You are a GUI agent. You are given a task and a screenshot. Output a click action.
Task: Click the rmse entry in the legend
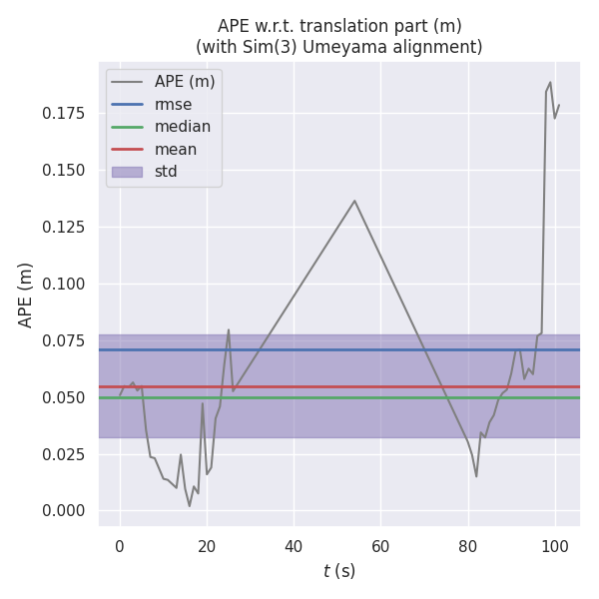[x=173, y=104]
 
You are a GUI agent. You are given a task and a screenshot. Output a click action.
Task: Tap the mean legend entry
[x=176, y=150]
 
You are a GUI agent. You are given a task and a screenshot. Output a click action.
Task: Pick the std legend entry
[x=166, y=172]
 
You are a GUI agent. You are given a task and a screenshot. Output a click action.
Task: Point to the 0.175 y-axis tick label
[x=64, y=114]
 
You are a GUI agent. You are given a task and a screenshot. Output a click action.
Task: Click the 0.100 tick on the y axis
[x=64, y=285]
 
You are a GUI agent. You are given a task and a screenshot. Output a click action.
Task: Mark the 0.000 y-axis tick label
[x=64, y=511]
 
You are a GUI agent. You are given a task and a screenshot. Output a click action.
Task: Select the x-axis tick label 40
[x=294, y=547]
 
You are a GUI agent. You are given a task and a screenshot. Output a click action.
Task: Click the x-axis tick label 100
[x=555, y=547]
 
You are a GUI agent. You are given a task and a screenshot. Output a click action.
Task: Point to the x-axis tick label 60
[x=380, y=547]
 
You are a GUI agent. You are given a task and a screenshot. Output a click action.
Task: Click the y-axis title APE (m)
[x=26, y=295]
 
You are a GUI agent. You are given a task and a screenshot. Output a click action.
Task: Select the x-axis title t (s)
[x=339, y=571]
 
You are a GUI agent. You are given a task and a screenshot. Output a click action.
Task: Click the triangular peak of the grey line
[x=354, y=201]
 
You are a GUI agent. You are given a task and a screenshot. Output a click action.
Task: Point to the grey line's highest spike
[x=550, y=83]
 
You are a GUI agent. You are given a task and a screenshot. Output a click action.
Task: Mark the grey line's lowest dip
[x=190, y=506]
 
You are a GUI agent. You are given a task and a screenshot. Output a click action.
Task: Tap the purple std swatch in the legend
[x=127, y=172]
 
